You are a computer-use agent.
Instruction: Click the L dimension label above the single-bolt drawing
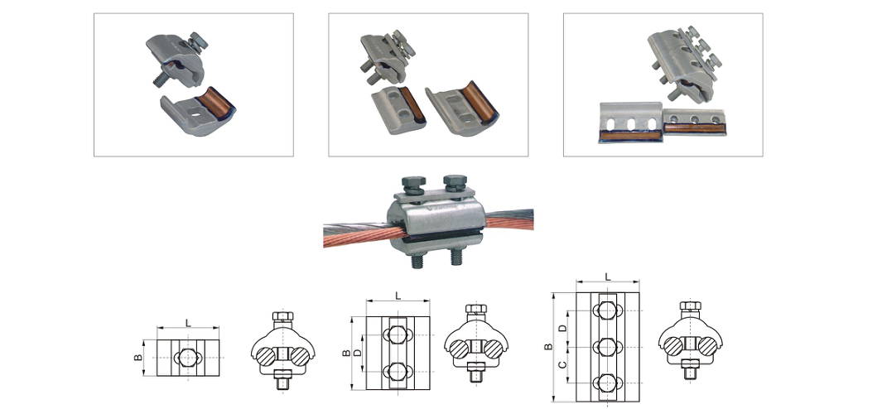(x=189, y=323)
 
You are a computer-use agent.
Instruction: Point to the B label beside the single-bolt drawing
(x=138, y=358)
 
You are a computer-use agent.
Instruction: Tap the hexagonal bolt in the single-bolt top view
(x=188, y=358)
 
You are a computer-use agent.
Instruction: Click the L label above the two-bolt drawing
(x=398, y=296)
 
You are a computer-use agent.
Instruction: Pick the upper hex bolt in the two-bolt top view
(x=398, y=335)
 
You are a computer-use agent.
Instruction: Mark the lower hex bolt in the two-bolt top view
(x=398, y=371)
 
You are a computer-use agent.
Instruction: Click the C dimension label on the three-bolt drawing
(x=561, y=366)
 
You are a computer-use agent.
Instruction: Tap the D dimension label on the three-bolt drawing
(x=561, y=329)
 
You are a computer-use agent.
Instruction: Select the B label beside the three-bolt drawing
(x=549, y=347)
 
